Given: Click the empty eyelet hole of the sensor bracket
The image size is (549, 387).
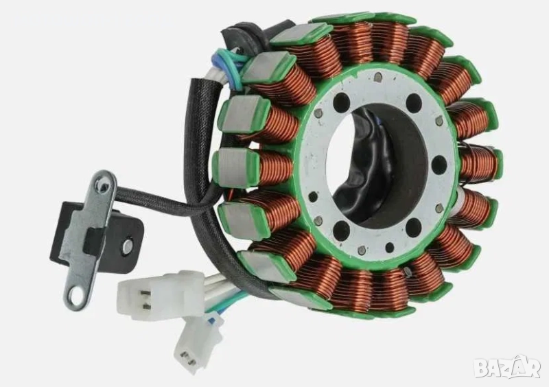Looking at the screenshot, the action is (75, 298).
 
